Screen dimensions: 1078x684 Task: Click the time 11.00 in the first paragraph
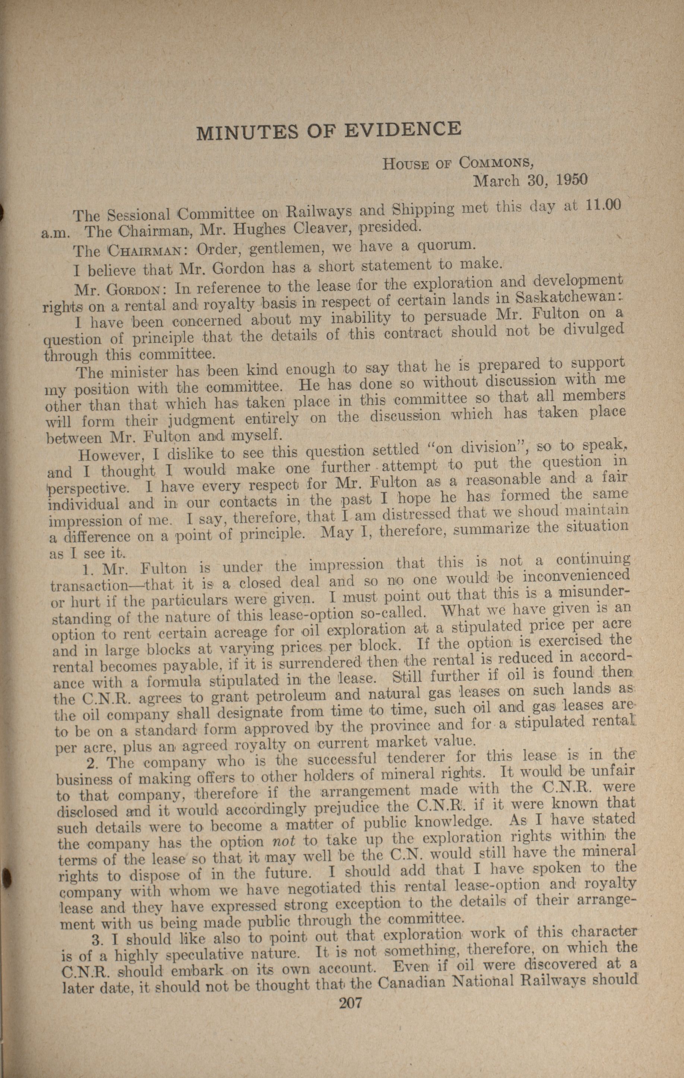click(x=603, y=205)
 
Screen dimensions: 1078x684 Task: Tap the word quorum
click(x=441, y=245)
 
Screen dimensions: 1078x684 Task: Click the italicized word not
click(x=283, y=842)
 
